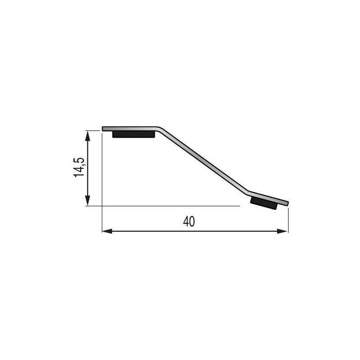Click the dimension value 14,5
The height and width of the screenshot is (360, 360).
(x=79, y=167)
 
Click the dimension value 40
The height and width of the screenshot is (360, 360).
(x=189, y=221)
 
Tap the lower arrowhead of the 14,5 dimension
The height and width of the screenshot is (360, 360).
(x=87, y=201)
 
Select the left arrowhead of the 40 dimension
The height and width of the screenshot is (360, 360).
(x=107, y=231)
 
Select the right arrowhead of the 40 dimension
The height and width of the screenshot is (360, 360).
(x=282, y=231)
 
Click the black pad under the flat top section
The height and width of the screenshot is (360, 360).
(x=134, y=134)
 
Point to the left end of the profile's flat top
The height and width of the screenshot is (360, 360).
(x=103, y=129)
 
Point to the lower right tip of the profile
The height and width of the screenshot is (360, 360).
(x=288, y=204)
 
